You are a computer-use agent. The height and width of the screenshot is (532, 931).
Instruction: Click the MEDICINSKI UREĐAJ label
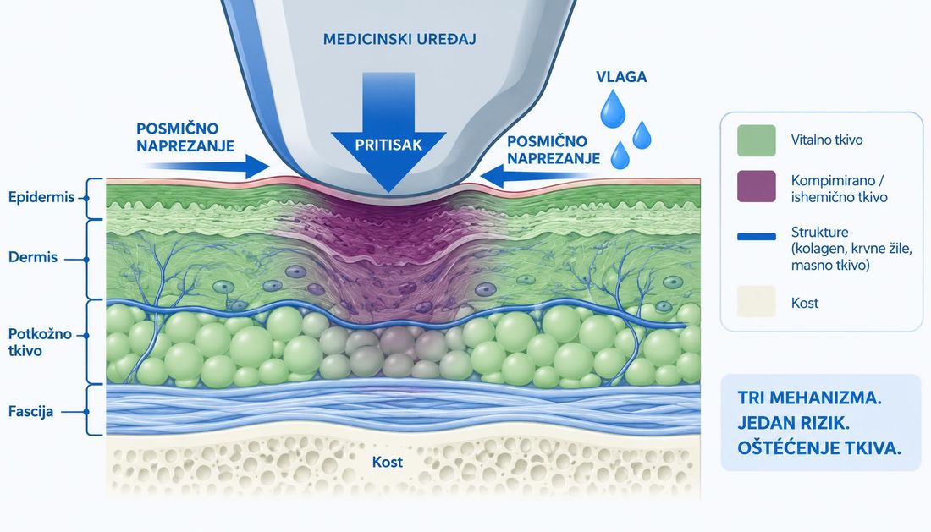point(399,39)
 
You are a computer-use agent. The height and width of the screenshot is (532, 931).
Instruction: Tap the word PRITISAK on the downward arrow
point(388,145)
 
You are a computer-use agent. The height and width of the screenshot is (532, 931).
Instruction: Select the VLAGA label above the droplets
point(621,76)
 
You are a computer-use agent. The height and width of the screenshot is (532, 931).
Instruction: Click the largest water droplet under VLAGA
point(612,109)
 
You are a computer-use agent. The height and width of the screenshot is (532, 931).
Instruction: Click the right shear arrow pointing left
point(537,176)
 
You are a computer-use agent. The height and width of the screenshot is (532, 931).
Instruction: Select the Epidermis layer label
point(41,197)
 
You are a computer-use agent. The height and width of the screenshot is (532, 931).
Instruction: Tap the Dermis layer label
point(33,257)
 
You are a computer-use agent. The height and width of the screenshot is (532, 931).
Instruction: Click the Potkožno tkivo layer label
point(40,343)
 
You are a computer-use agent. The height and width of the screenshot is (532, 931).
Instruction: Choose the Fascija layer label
point(30,411)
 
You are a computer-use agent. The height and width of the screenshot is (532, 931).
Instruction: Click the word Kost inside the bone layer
point(387,462)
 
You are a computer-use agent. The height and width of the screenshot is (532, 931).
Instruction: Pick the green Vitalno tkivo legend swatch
point(757,140)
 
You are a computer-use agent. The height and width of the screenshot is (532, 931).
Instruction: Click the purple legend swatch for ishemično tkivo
point(757,186)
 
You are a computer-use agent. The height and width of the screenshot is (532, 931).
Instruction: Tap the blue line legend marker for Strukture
point(757,237)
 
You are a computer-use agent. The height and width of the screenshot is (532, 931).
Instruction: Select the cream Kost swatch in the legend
point(757,301)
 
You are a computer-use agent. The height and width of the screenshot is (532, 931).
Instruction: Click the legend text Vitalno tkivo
point(827,140)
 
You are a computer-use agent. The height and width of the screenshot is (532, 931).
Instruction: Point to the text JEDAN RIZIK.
point(793,423)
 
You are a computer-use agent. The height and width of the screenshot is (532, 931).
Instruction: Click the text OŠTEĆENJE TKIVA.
point(819,448)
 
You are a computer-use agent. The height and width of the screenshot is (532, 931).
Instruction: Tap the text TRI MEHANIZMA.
point(809,398)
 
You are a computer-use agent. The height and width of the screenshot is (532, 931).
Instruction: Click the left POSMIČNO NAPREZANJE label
point(185,137)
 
